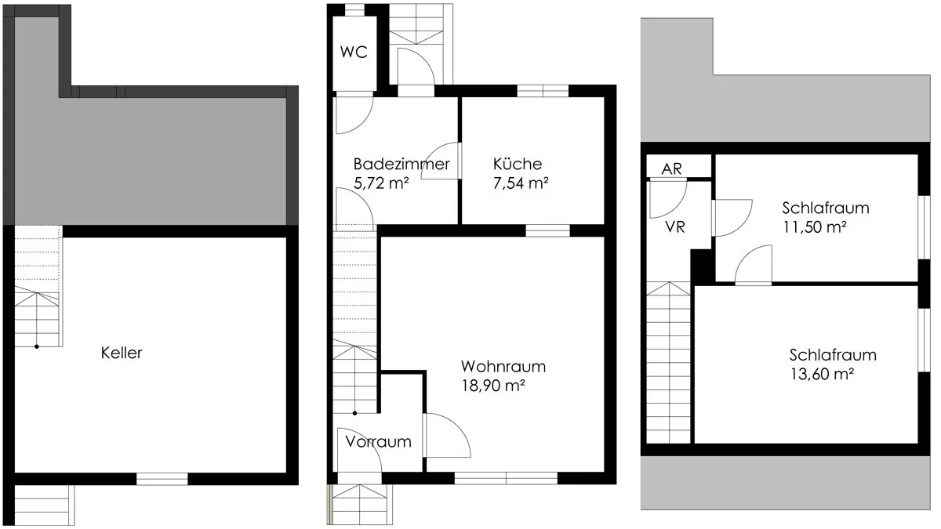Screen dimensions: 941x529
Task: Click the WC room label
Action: [x=354, y=52]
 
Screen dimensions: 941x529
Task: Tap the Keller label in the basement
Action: [x=122, y=353]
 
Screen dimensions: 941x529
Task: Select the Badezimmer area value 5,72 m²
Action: [x=381, y=183]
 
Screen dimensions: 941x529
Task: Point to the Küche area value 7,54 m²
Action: [x=521, y=183]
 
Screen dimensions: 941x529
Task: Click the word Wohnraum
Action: [x=503, y=367]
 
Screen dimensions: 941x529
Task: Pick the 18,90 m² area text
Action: [x=493, y=386]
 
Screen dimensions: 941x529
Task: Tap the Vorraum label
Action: [x=378, y=442]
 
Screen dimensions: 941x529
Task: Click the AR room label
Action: [x=671, y=169]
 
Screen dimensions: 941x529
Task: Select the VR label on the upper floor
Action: [x=675, y=227]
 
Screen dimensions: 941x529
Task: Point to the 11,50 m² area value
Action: [x=815, y=227]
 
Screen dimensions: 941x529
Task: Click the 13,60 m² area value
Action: [x=822, y=374]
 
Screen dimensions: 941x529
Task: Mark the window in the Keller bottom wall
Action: [x=162, y=479]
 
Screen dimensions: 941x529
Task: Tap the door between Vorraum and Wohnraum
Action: [x=447, y=436]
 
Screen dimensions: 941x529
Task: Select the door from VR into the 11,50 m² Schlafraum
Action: [x=732, y=218]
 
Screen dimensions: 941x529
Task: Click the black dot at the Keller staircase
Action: [x=37, y=346]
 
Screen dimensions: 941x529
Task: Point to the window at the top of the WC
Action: [x=354, y=10]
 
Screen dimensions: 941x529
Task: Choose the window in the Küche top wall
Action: [x=543, y=91]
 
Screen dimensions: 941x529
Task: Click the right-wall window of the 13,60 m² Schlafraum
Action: [x=924, y=340]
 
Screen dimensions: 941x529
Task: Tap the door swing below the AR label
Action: [x=668, y=199]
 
